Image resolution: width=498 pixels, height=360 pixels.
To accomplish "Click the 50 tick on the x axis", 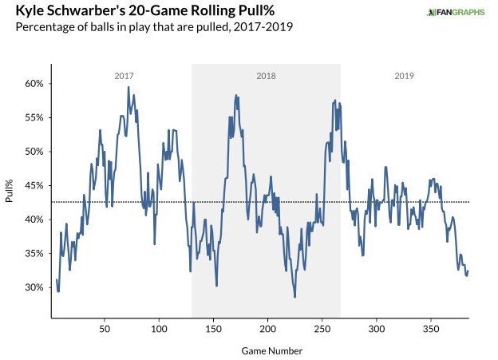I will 105,328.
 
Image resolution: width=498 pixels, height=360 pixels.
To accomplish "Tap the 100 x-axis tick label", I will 159,328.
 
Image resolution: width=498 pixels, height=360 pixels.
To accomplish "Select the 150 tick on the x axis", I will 213,328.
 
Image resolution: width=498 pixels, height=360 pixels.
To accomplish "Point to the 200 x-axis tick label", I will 267,328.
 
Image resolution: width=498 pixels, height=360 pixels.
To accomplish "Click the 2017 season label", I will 124,76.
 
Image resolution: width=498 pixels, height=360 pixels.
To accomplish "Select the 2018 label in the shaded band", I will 266,76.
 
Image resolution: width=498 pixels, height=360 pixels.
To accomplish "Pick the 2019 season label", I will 405,76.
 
